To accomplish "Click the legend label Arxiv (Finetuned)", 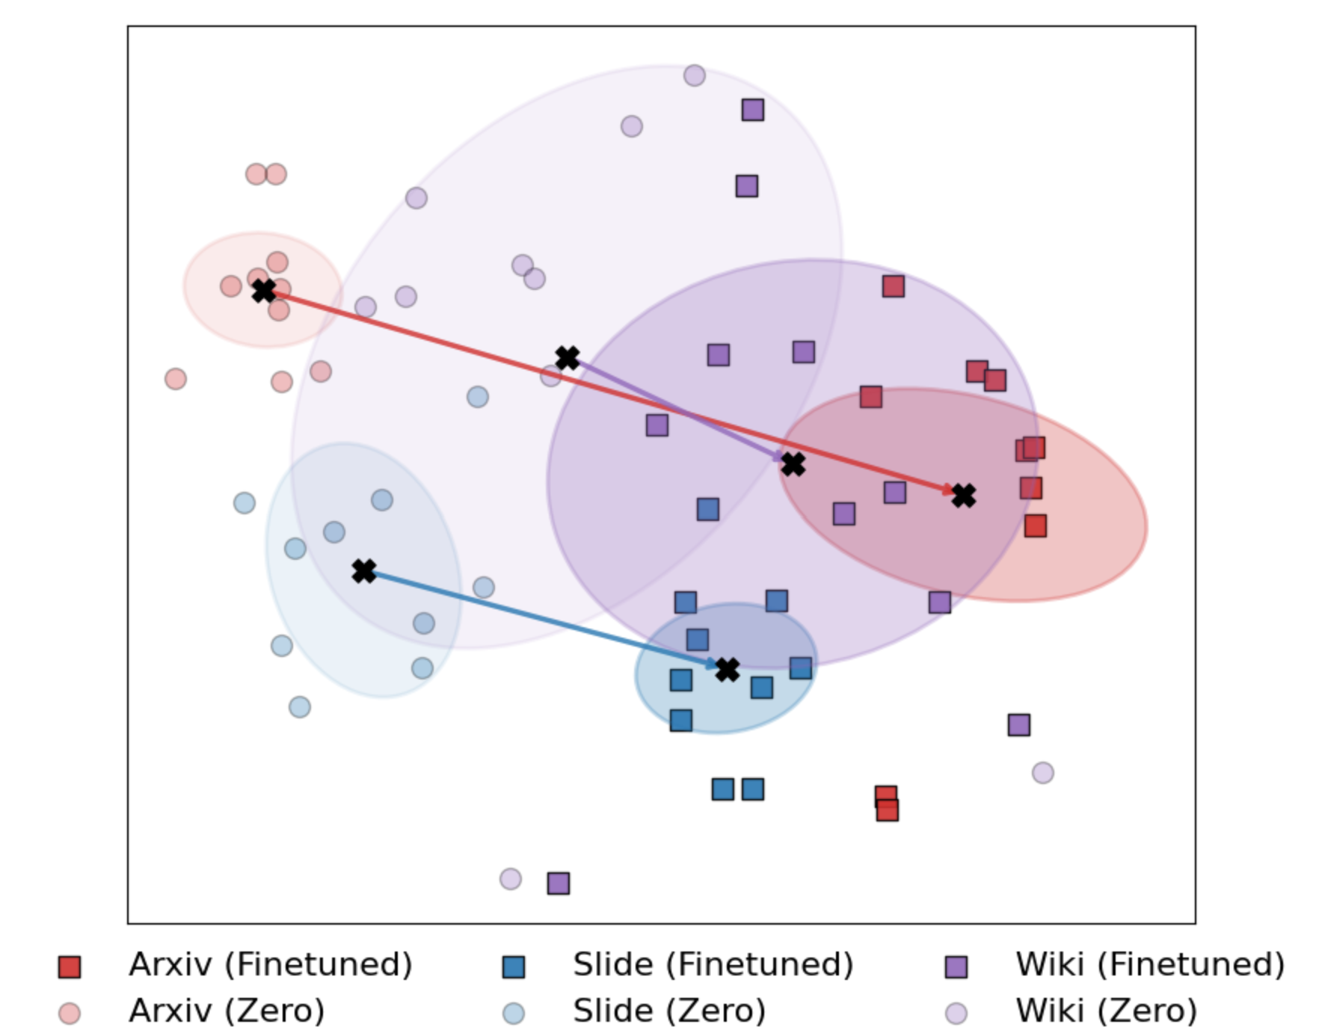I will [270, 965].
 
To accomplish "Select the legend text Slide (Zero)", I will [669, 1011].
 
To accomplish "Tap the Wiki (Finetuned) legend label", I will [1150, 965].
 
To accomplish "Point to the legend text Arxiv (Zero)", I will [227, 1011].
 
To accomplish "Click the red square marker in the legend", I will [70, 967].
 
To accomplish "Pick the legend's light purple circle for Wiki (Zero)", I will [956, 1014].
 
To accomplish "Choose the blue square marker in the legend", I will [514, 967].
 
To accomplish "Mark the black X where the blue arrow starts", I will [364, 571].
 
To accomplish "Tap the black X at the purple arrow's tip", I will [793, 464].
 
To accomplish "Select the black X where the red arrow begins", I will [263, 291].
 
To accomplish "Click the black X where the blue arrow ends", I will [728, 669].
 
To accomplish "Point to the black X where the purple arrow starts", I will [568, 358].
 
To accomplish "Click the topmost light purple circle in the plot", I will [695, 75].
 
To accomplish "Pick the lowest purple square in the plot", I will [559, 883].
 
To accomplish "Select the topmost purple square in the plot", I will [753, 110].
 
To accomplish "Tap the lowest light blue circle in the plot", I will [300, 707].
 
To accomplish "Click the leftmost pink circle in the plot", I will [176, 379].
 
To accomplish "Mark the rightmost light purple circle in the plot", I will [1043, 773].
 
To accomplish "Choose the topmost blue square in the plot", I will [708, 510].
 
